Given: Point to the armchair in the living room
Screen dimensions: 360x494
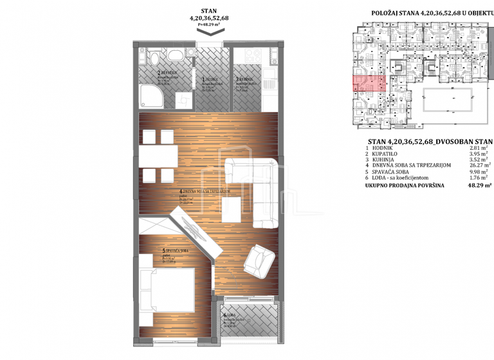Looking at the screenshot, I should [260, 260].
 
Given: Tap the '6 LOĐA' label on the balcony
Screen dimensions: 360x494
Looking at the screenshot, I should [230, 316].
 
